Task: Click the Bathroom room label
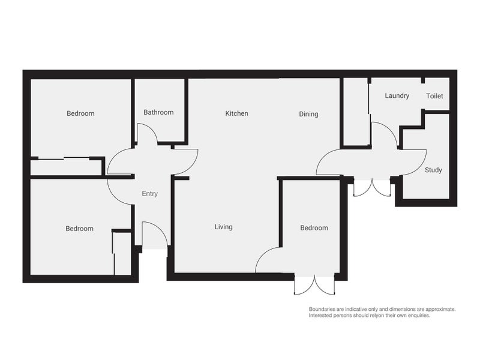[158, 112]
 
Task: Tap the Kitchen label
[236, 113]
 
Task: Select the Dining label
[308, 114]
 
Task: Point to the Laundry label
[397, 95]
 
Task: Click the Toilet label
[434, 96]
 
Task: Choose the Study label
[433, 170]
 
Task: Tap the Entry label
[149, 194]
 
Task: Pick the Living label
[223, 227]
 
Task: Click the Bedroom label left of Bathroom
[80, 113]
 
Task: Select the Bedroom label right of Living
[314, 228]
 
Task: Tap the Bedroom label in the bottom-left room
[79, 229]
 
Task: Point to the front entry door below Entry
[154, 235]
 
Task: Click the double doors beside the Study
[372, 187]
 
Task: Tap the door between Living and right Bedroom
[268, 260]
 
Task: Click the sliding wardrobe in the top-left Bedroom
[66, 167]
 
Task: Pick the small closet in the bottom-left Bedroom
[122, 253]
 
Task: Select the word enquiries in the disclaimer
[418, 315]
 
